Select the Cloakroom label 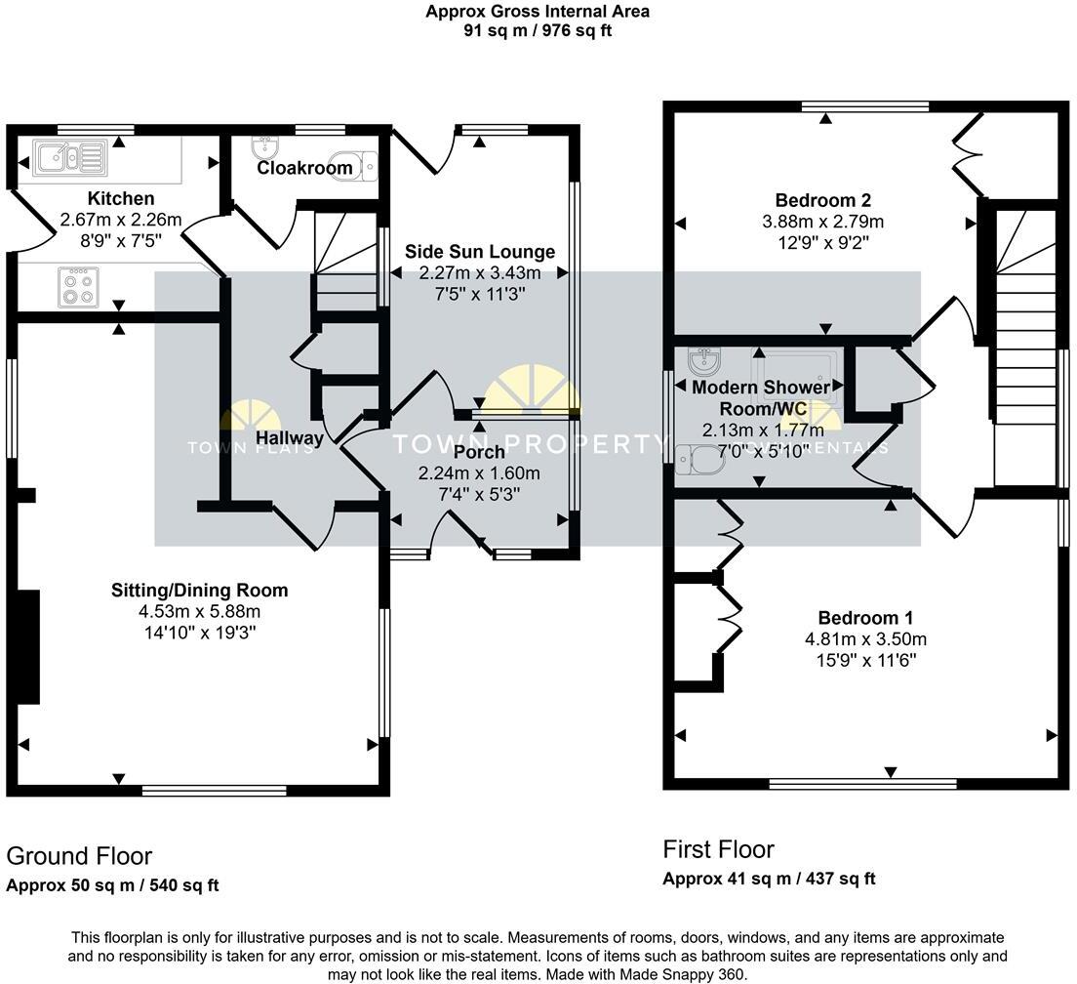pos(304,168)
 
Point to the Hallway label pos(290,438)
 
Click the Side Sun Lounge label pos(480,253)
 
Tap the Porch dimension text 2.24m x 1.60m pos(479,473)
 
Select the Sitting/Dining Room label pos(200,590)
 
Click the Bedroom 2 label pos(822,202)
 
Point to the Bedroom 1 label pos(865,618)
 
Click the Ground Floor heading pos(79,856)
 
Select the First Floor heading pos(718,849)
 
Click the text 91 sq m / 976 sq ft pos(538,30)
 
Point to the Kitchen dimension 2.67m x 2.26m pos(121,219)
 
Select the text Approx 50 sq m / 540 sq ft pos(112,886)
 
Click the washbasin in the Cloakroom pos(264,147)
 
